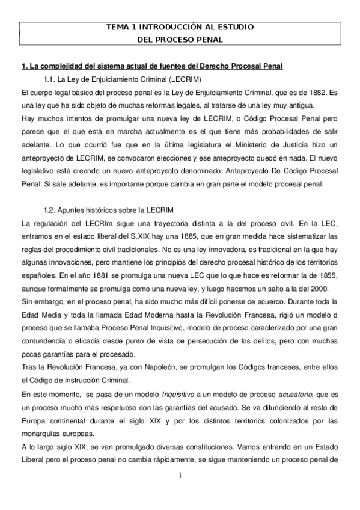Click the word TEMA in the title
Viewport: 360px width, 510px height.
pyautogui.click(x=118, y=28)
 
